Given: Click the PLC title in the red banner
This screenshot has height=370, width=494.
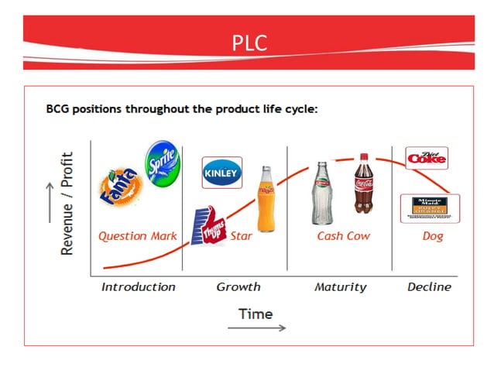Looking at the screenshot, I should (249, 43).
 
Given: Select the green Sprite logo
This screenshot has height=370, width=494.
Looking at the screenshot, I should (163, 163).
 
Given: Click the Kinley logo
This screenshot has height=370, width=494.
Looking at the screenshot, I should (221, 173).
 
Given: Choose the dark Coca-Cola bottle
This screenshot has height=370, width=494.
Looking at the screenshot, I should (364, 183).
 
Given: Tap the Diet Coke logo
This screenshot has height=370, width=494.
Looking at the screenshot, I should (427, 158).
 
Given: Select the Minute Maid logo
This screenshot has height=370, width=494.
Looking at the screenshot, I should (430, 208).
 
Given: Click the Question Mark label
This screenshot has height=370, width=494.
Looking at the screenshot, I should (137, 236).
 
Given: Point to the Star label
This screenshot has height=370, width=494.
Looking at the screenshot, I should (242, 236).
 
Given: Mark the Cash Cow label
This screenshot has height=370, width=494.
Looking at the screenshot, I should (344, 236).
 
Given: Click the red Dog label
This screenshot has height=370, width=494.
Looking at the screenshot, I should (432, 236).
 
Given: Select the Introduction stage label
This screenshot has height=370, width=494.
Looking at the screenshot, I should (139, 287).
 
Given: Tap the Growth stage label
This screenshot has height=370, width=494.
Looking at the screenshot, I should (238, 287).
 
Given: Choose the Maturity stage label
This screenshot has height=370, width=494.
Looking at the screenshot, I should (340, 287).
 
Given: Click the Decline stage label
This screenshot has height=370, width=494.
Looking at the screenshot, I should (429, 287).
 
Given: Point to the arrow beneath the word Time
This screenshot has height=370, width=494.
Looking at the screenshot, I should (256, 327).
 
